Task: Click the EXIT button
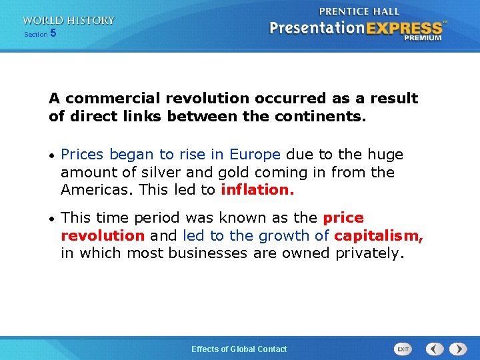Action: coord(403,349)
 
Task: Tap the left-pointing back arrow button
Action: coord(435,349)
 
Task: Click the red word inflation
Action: coord(257,190)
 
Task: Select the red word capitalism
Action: coord(378,235)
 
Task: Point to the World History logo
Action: coord(68,21)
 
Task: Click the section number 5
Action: coord(53,33)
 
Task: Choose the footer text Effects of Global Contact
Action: coord(239,349)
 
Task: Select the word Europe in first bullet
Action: coord(255,155)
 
